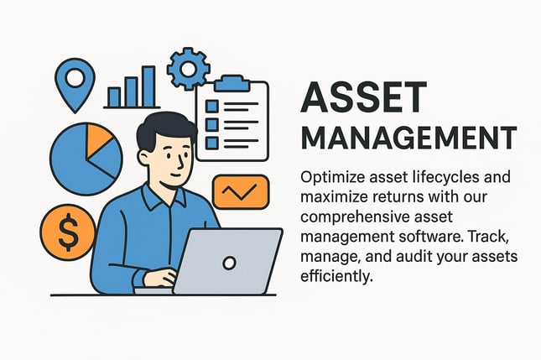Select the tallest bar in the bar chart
tap(148, 86)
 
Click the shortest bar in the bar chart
tap(114, 97)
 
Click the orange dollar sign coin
tap(68, 232)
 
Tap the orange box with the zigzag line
tap(240, 192)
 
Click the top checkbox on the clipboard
tap(212, 106)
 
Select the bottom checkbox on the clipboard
tap(212, 143)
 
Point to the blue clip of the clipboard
tap(231, 83)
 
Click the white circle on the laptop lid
tap(230, 263)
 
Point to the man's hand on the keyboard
tap(160, 277)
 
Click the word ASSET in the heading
tap(364, 97)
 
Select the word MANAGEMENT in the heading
tap(408, 138)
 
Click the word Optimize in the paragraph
tap(333, 178)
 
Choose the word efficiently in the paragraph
tap(336, 276)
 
